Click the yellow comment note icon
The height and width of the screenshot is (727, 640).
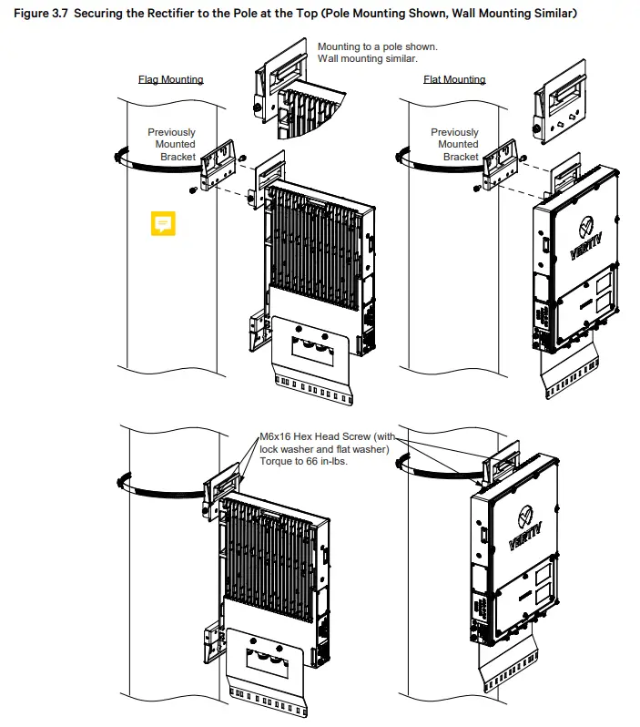[x=163, y=222]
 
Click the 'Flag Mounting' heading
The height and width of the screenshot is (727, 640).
[x=170, y=79]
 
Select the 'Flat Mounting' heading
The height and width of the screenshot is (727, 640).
[x=454, y=79]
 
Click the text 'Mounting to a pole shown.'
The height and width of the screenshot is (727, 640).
[x=377, y=46]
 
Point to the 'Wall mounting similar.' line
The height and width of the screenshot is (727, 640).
[x=367, y=59]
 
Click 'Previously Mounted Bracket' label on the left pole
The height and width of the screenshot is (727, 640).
[x=172, y=145]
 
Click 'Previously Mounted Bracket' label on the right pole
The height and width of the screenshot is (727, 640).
[x=454, y=145]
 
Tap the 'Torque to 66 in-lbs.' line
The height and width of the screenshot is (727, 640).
[x=303, y=462]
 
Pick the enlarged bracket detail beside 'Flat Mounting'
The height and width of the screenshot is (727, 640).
[x=561, y=110]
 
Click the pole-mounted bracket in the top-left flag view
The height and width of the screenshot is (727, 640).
[x=218, y=164]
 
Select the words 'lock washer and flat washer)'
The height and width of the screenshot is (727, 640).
[x=324, y=450]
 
